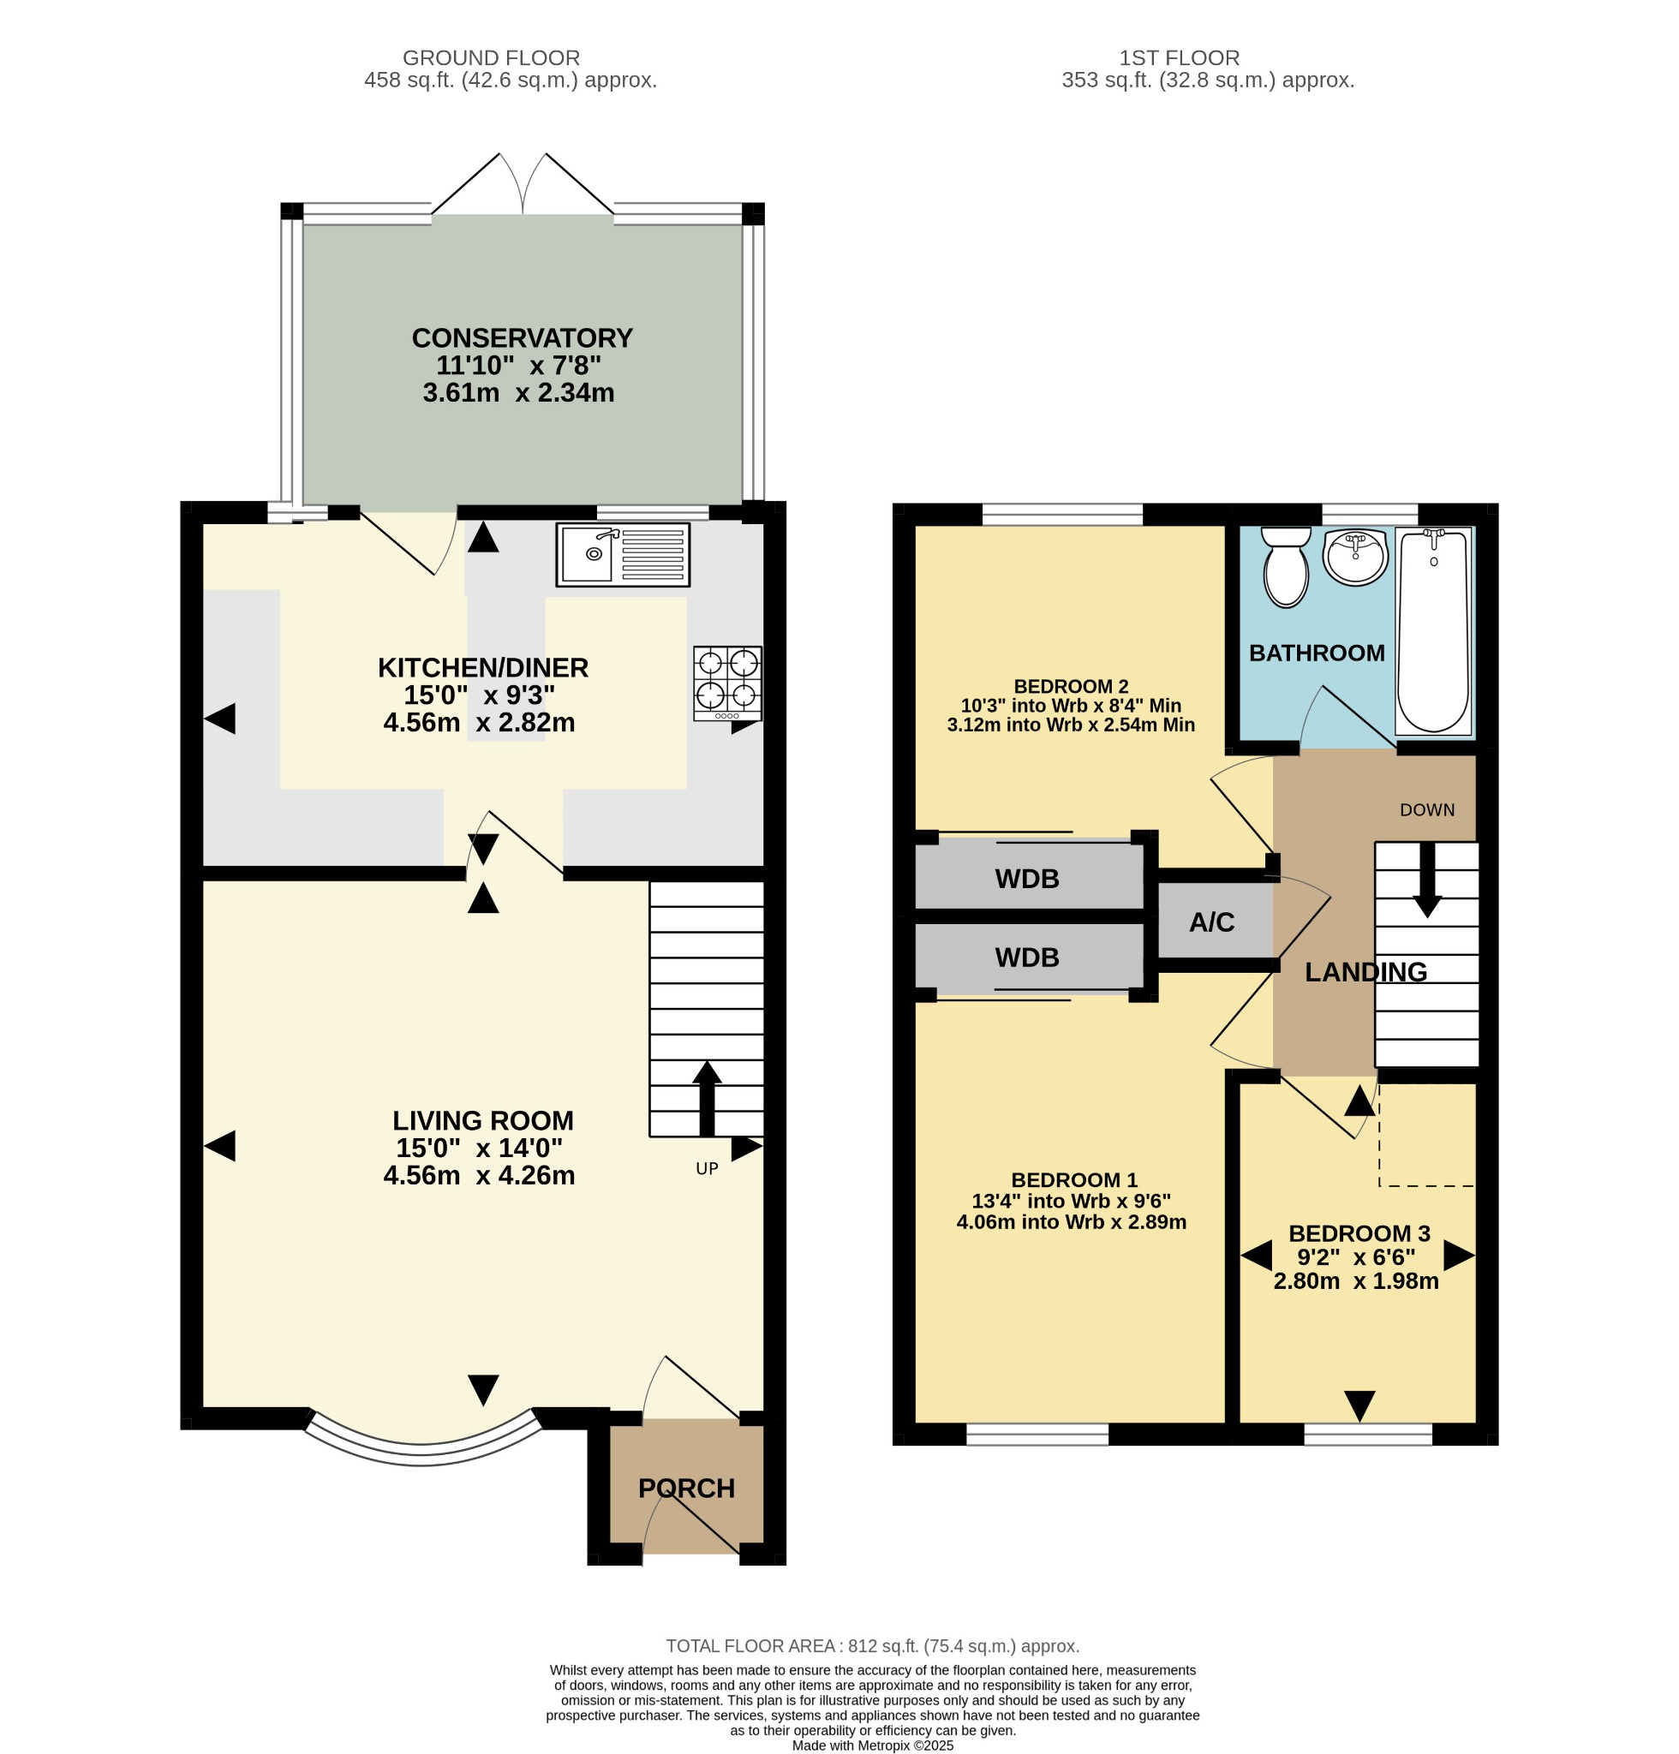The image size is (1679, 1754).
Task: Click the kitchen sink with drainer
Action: [x=623, y=555]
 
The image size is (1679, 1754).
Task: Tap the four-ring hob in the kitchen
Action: [x=727, y=683]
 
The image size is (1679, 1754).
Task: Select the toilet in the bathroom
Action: [x=1286, y=566]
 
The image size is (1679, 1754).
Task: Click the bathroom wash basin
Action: [x=1355, y=557]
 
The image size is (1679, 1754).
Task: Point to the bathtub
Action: [x=1434, y=631]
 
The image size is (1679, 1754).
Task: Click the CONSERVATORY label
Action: [x=522, y=338]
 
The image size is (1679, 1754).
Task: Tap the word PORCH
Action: [x=686, y=1489]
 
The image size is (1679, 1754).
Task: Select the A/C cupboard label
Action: [x=1212, y=922]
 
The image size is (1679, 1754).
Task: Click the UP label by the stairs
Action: [x=707, y=1169]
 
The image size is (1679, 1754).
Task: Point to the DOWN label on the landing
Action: [x=1427, y=810]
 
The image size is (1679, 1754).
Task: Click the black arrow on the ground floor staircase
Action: [x=707, y=1098]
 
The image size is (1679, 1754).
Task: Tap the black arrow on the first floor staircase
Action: [x=1426, y=880]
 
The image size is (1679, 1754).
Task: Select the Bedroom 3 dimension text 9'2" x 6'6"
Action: [x=1356, y=1257]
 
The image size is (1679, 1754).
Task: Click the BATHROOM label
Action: [x=1317, y=653]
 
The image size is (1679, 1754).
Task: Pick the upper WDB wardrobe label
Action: [x=1026, y=879]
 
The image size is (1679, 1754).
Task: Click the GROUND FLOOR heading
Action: [x=492, y=58]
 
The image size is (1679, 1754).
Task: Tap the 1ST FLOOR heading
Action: [x=1179, y=58]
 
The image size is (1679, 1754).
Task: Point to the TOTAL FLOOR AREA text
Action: [x=873, y=1646]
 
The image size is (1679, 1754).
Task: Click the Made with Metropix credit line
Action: [x=873, y=1745]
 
